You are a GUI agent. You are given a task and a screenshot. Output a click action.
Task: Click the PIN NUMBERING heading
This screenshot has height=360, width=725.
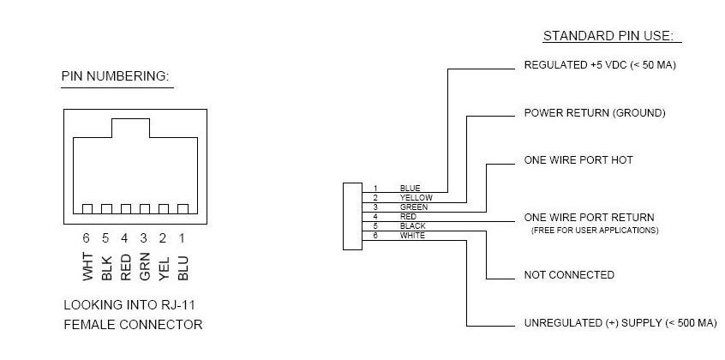coord(116,76)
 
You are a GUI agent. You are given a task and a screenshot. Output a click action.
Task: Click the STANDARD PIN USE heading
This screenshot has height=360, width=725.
coord(608,36)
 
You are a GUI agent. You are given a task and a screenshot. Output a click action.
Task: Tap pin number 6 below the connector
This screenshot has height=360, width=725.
coord(86,238)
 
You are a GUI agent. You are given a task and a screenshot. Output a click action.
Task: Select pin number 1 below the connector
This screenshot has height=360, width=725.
coord(183,238)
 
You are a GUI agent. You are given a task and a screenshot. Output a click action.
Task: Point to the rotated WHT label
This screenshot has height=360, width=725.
coord(88,267)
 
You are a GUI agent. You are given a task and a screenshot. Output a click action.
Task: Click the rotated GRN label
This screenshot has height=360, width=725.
coord(145,267)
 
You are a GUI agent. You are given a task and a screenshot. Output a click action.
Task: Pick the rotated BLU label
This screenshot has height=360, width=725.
coord(183,267)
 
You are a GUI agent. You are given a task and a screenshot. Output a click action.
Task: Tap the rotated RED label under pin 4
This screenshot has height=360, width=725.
coord(126,267)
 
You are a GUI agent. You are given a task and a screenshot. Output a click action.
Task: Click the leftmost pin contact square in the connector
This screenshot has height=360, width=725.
coord(87,209)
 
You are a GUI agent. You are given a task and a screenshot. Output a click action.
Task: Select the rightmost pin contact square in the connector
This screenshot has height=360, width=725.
coord(183,209)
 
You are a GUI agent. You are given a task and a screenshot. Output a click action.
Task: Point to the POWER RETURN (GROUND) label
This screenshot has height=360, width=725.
coord(595,113)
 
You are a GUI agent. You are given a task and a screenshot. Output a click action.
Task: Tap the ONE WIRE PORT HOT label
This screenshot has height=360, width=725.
coord(578,160)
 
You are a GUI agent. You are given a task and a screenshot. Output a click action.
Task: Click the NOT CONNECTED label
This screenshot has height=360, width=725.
coord(569,275)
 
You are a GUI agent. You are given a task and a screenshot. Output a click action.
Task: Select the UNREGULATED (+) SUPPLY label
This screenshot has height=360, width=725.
coord(593,323)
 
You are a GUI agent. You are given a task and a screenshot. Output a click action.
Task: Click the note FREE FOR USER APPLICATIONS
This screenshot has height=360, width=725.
coord(595,230)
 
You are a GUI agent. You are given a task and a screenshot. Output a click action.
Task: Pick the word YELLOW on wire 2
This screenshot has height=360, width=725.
coord(416,198)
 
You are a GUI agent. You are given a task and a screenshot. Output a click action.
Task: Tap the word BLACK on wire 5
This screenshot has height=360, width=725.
coord(412,225)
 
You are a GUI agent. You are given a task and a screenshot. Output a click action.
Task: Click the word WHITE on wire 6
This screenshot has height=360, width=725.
coord(412,236)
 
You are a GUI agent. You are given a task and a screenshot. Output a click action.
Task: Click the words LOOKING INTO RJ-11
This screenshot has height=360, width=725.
coord(129,305)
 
